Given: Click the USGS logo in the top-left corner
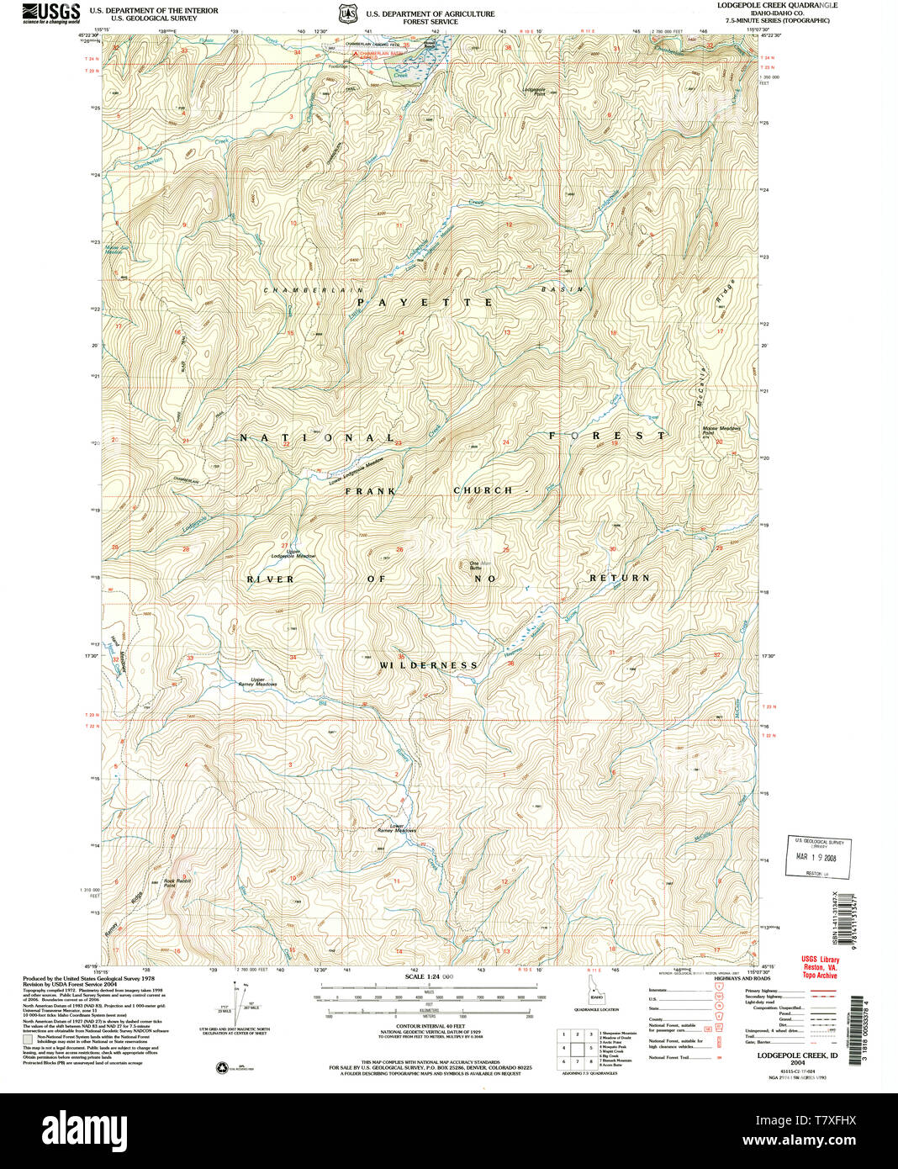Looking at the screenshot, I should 51,13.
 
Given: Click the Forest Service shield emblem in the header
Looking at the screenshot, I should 348,14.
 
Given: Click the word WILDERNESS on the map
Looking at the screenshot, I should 428,665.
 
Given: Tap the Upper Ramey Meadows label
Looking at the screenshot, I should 258,682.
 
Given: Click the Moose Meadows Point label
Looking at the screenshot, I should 721,430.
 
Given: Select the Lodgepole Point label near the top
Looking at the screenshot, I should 535,91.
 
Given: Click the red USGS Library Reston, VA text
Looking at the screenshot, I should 820,967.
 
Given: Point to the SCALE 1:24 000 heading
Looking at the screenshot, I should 429,976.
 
